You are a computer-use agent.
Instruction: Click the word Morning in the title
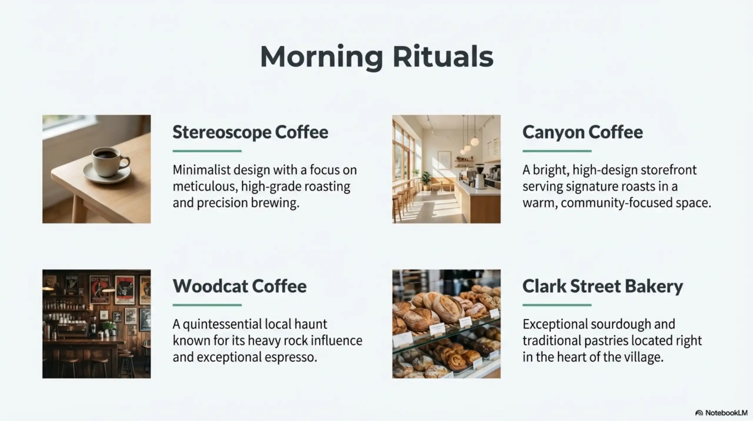[x=321, y=57]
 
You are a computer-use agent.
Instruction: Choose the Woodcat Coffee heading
[x=239, y=286]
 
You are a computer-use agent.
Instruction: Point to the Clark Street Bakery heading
[x=602, y=286]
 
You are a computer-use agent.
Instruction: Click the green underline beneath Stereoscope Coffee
[x=207, y=151]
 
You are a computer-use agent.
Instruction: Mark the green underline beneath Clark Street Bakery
[x=557, y=305]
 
